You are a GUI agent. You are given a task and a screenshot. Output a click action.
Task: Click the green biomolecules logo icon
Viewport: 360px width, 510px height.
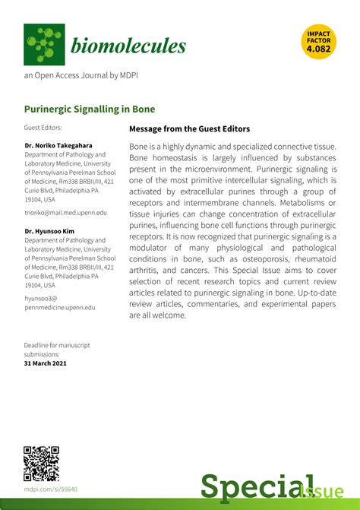tap(44, 44)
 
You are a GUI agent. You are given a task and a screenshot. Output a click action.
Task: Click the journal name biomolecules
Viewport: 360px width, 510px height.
tap(128, 46)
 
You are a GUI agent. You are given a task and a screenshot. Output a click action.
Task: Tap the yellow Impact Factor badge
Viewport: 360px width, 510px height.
tap(319, 42)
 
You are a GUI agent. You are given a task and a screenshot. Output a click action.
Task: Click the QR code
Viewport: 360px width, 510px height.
tap(42, 463)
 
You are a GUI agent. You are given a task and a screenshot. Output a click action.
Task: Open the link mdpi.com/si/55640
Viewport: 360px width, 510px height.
tap(51, 490)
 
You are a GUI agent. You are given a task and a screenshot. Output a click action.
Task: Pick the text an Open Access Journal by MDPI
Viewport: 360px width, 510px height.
tap(81, 76)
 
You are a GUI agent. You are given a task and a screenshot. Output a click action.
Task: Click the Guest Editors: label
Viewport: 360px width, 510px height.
tap(43, 128)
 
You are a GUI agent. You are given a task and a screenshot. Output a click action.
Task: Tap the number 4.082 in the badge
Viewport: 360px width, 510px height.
tap(319, 49)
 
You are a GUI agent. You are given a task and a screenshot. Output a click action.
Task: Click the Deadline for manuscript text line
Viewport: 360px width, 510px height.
tap(57, 345)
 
